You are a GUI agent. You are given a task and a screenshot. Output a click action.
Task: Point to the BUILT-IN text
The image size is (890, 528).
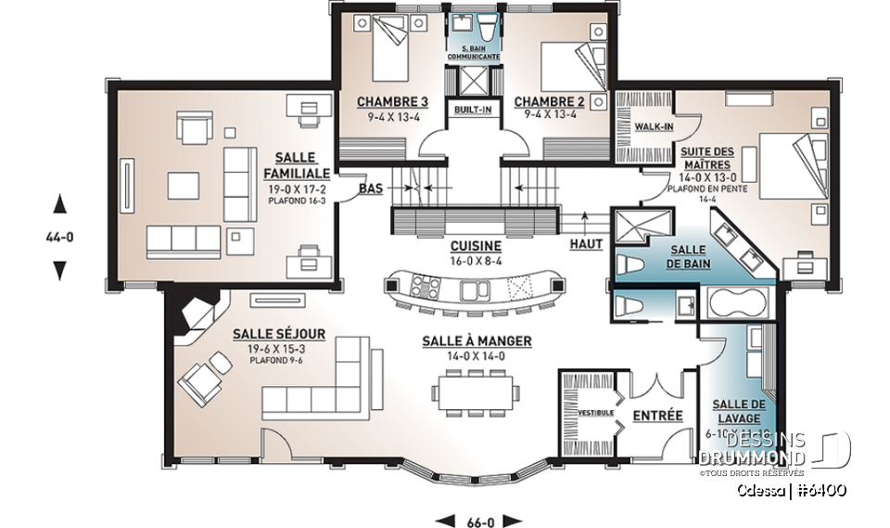point(472,109)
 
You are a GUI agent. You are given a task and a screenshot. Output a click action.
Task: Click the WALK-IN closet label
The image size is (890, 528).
point(654,126)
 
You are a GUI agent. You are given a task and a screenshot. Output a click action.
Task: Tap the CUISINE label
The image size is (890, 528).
point(476,246)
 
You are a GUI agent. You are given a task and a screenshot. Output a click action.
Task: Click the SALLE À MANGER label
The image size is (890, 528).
point(477,341)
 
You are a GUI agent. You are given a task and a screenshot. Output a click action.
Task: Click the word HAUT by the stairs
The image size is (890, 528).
point(588,244)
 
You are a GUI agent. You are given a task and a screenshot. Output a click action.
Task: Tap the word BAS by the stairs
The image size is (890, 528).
point(370,188)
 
